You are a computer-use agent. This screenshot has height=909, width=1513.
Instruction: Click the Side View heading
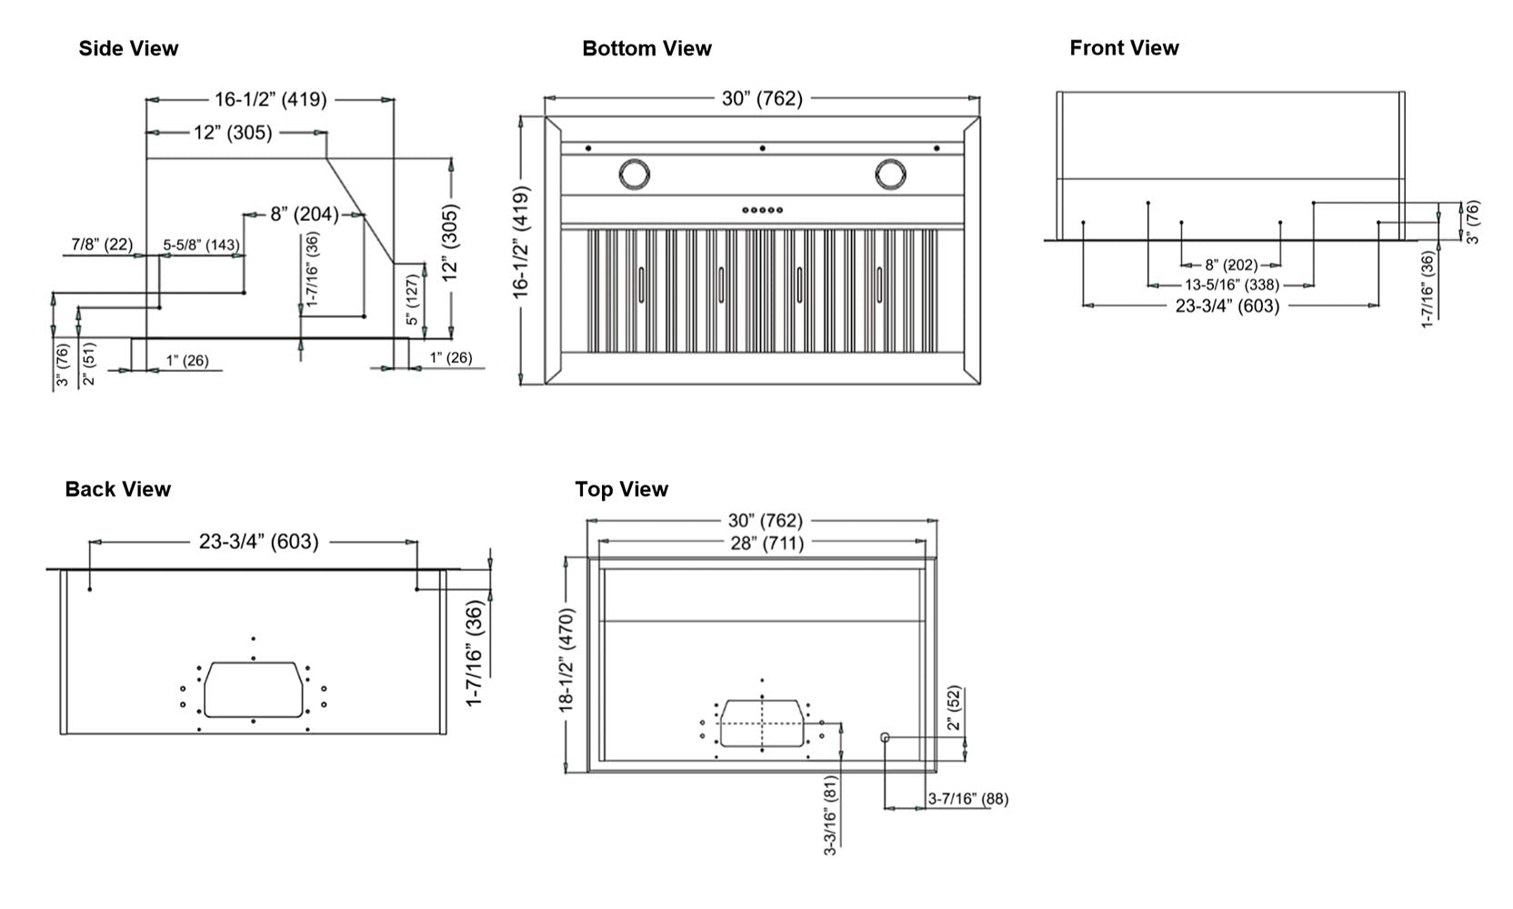point(128,48)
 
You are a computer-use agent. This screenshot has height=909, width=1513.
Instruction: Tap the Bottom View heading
point(646,48)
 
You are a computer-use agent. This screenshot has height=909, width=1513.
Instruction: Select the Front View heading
point(1124,47)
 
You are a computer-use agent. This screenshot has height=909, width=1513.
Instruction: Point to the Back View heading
point(117,489)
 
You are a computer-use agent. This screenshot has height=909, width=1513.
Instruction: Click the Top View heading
point(621,489)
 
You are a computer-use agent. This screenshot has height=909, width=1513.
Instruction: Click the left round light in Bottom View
point(634,174)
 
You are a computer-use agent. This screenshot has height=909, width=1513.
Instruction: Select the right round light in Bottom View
point(891,174)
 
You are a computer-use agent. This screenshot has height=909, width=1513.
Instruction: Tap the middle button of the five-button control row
point(762,210)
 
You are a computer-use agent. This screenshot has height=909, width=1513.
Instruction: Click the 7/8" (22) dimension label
point(102,244)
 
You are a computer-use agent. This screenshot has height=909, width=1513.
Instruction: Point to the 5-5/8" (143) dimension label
point(201,245)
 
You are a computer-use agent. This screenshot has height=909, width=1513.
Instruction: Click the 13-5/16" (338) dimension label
point(1231,285)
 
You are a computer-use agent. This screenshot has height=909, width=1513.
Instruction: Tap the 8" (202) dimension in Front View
point(1231,265)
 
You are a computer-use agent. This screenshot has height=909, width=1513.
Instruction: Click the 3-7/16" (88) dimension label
point(967,799)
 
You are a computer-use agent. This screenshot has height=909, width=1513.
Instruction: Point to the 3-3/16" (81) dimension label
point(830,814)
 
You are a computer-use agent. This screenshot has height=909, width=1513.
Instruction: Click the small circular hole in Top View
point(885,737)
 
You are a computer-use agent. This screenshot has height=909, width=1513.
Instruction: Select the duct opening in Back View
point(253,689)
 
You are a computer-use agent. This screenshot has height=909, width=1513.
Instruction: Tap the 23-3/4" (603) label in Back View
point(258,542)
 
